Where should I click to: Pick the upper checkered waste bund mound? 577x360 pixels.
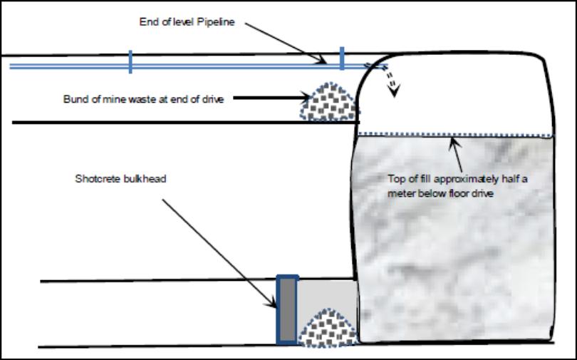coord(329,102)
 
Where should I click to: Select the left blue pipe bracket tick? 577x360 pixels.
coord(130,62)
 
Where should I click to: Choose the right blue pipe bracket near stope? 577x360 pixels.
coord(342,59)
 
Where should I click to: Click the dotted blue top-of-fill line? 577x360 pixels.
coord(456,134)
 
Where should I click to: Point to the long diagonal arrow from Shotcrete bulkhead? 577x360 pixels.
coord(214,250)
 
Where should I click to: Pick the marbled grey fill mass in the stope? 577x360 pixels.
coord(456,242)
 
